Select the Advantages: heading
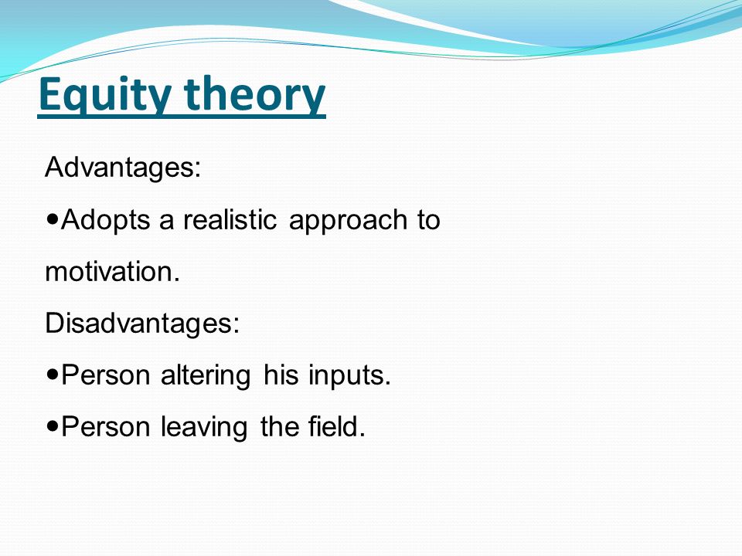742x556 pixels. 123,168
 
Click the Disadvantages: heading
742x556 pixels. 142,324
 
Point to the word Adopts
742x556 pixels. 106,220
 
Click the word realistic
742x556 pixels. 230,220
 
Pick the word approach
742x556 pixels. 348,221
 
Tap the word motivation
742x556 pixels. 113,272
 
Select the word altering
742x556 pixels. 206,376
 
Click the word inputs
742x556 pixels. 349,376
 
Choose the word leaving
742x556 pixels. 204,427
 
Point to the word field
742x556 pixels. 337,426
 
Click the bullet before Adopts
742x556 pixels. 53,219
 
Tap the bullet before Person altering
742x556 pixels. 53,375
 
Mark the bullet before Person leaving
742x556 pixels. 53,426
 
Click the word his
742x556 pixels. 281,375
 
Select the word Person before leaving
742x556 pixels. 106,427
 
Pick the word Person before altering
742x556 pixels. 106,375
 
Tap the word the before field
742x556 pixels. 277,426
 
